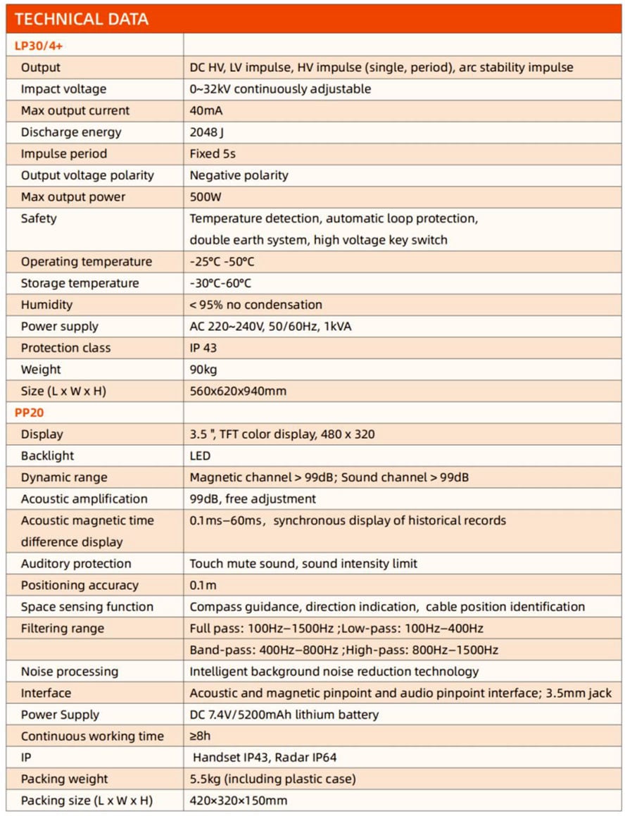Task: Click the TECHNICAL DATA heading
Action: [82, 19]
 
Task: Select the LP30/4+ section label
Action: [40, 46]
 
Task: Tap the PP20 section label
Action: [29, 413]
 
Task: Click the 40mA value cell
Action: [204, 111]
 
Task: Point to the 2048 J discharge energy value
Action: [207, 132]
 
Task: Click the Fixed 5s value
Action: [213, 153]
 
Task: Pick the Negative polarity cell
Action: [239, 175]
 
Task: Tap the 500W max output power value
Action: [205, 196]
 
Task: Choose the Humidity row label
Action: [46, 305]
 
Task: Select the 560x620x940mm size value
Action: [238, 391]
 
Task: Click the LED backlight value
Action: [200, 456]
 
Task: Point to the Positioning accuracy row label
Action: [80, 585]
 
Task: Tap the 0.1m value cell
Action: [203, 585]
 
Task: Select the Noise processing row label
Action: [70, 672]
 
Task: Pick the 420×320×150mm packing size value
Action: [238, 801]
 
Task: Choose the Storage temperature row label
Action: [80, 283]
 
